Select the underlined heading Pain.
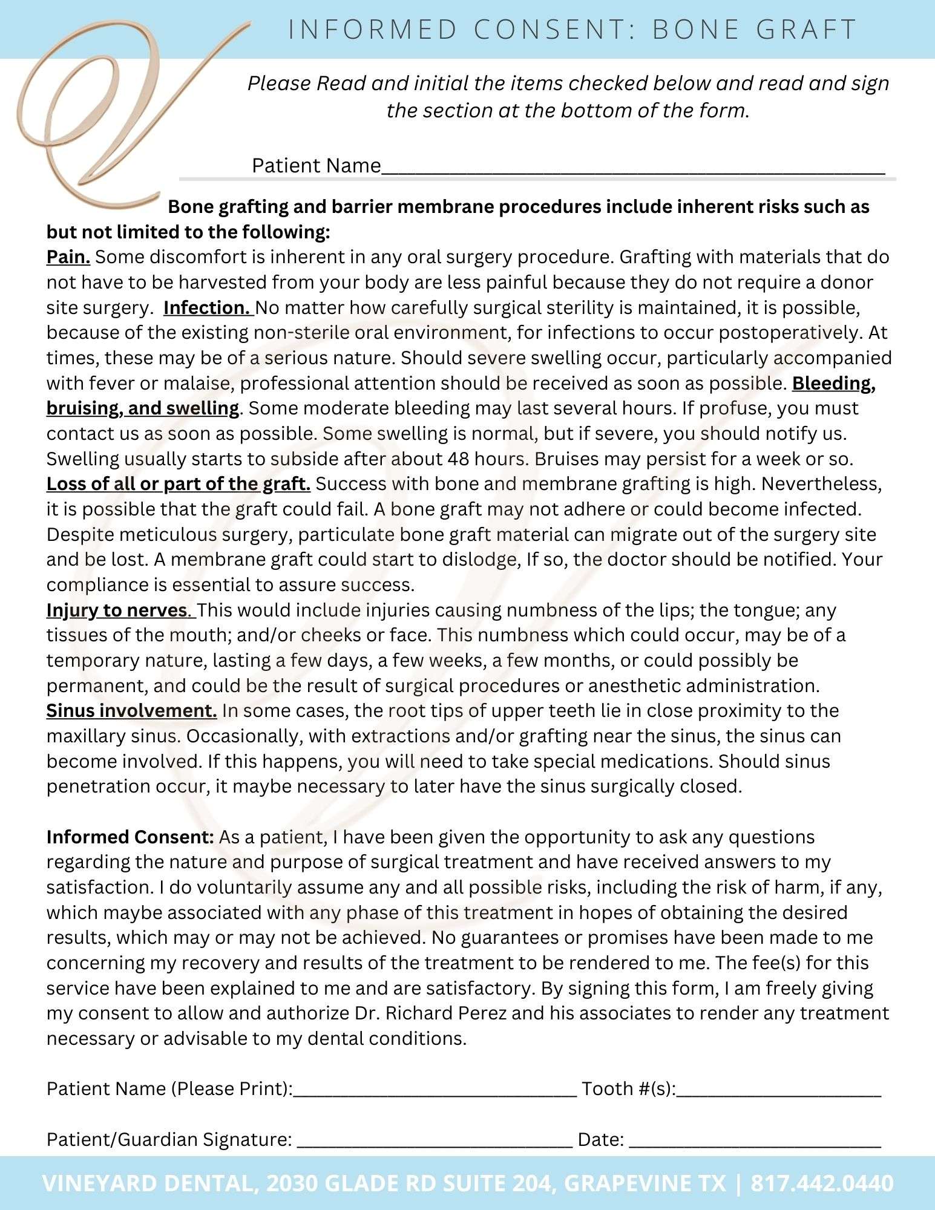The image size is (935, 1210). coord(68,257)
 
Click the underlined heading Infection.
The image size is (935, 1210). coord(208,308)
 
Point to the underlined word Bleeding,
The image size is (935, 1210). coord(833,383)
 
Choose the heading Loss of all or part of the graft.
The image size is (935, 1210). coord(179,484)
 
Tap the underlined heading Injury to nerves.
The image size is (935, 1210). coord(119,610)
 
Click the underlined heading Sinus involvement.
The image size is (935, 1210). coord(131,710)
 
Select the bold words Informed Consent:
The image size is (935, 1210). coord(130,837)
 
